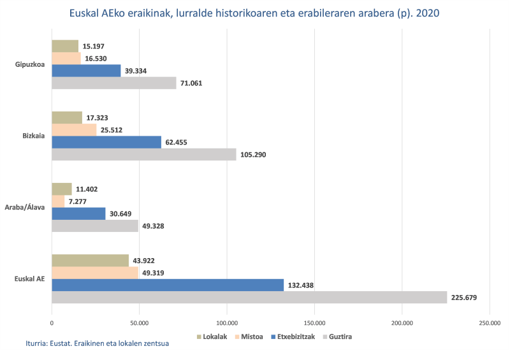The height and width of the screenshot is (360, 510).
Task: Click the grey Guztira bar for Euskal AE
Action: coord(249,297)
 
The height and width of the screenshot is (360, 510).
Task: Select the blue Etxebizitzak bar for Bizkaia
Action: coord(106,142)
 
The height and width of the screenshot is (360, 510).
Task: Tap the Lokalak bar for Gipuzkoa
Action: coord(65,46)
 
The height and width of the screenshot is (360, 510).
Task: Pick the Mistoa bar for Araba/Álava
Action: coord(58,201)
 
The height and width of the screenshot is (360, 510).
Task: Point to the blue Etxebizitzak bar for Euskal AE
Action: coord(167,285)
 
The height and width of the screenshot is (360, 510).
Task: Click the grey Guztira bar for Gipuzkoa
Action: coord(113,83)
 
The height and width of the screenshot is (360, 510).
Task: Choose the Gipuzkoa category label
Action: coord(30,64)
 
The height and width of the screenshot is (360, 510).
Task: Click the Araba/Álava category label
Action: coord(25,208)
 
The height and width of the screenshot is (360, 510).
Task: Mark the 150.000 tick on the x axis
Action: coord(314,322)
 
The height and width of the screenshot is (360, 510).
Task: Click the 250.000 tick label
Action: coord(489,322)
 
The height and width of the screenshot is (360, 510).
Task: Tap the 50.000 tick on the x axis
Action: coord(139,322)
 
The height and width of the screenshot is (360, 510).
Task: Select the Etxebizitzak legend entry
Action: coord(295,336)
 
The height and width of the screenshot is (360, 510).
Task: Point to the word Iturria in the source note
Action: coord(40,343)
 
